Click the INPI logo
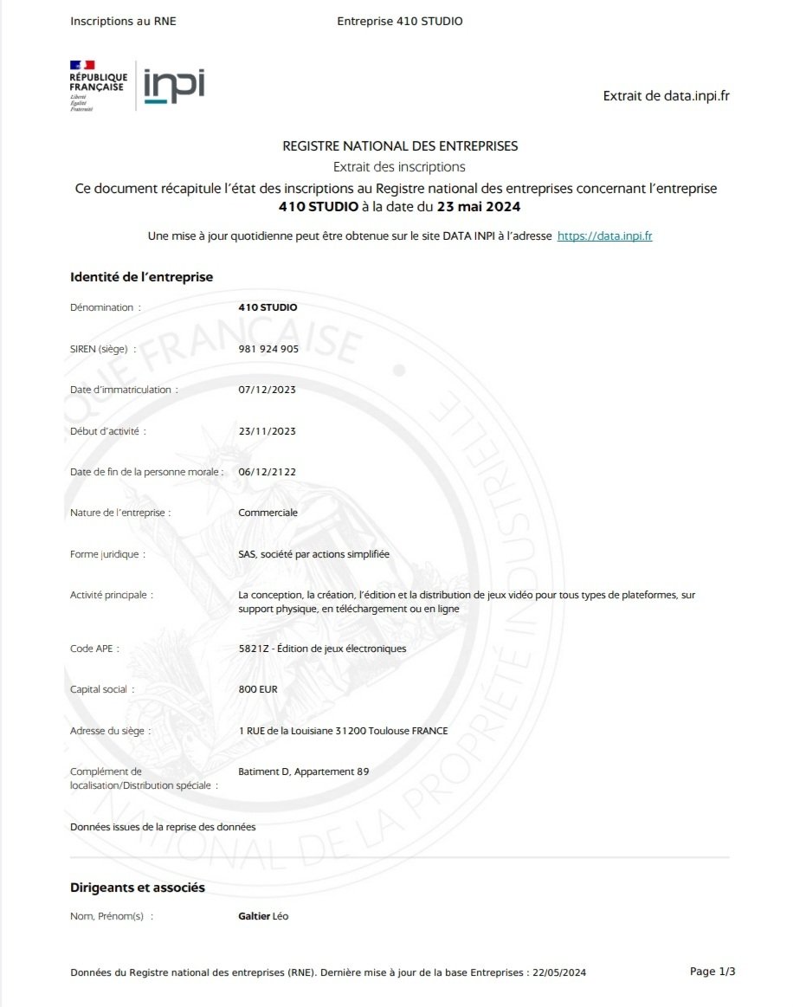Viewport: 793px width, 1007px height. pos(174,86)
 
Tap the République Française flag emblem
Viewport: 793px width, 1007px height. pos(82,65)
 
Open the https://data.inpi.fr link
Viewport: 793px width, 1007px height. pos(604,236)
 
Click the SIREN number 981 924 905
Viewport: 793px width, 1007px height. pos(268,349)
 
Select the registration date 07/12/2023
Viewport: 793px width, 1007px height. pos(267,390)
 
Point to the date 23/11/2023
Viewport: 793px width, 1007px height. pos(267,430)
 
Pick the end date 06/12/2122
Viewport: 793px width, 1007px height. pos(267,472)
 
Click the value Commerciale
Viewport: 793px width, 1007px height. pos(268,513)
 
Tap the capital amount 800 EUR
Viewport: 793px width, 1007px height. pos(258,689)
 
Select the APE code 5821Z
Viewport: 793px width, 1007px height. pos(253,649)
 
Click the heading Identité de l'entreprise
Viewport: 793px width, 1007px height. pos(141,277)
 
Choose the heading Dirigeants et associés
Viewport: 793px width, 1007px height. pos(138,888)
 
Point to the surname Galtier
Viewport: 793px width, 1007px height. pos(254,916)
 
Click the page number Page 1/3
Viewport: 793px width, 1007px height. pos(712,971)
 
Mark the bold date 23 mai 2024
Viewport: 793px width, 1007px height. pos(479,207)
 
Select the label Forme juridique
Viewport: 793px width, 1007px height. pos(104,554)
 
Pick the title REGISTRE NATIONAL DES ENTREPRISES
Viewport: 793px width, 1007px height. pos(400,146)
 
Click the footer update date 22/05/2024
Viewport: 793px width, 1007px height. pos(558,973)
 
